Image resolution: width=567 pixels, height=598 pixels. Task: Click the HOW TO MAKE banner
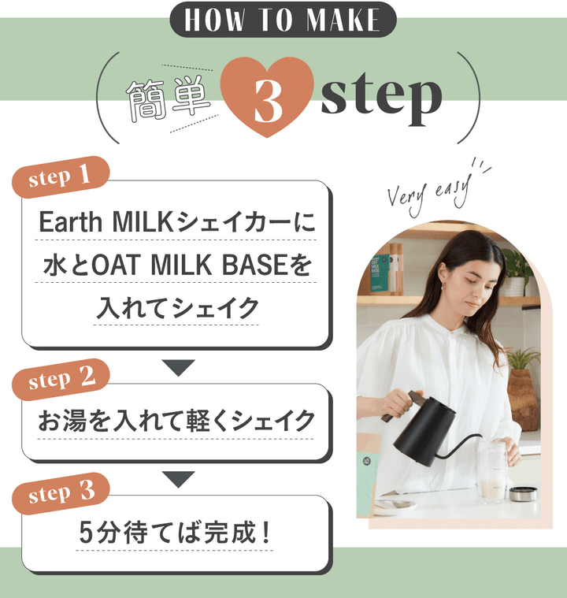[x=283, y=20]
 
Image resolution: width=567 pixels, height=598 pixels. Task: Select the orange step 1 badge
[x=61, y=176]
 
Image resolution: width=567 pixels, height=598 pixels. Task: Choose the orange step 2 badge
[x=61, y=379]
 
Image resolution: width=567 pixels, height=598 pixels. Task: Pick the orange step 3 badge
[x=61, y=493]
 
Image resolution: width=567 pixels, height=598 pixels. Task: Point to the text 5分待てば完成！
[x=175, y=533]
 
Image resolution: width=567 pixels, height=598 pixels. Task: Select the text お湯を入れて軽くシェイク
[x=176, y=421]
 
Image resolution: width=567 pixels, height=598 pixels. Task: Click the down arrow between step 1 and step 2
[x=179, y=368]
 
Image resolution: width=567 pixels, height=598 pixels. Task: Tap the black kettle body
[x=424, y=432]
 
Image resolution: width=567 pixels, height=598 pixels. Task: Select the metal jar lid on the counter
[x=523, y=494]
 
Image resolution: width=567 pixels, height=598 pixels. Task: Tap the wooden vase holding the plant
[x=523, y=400]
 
